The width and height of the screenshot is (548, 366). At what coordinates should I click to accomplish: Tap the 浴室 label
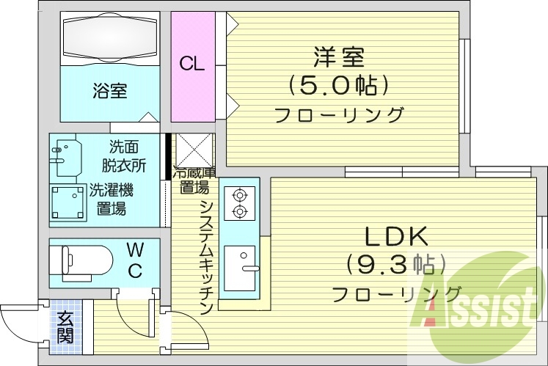coord(109,91)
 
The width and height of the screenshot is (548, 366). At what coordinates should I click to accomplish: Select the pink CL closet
coord(192,65)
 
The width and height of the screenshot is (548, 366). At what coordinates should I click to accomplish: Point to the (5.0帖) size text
coord(338,86)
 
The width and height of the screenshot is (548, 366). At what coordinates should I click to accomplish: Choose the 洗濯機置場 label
coord(111,200)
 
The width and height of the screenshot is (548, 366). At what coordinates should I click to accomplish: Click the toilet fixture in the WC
coord(81,260)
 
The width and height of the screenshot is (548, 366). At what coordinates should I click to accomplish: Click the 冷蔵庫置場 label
coord(194,180)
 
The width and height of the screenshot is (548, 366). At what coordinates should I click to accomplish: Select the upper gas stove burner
coord(238,196)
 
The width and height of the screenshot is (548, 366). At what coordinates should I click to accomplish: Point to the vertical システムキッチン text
coord(207,257)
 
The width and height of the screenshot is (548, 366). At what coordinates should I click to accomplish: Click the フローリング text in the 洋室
coord(339,115)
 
